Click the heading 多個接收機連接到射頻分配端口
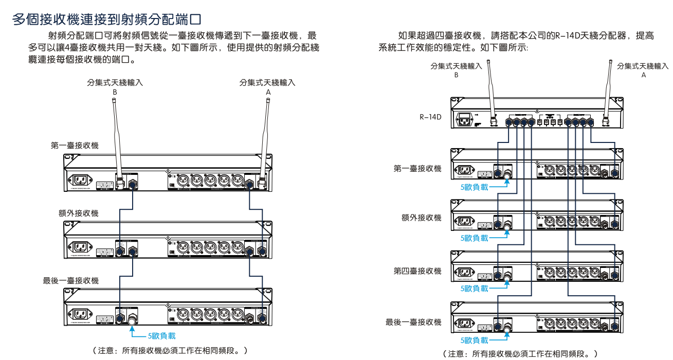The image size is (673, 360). pos(105,20)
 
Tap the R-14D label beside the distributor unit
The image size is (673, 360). pos(431,117)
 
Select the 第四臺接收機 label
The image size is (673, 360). pos(417,271)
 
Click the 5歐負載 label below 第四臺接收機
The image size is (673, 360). pos(474,289)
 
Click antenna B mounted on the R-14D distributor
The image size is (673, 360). pos(490,93)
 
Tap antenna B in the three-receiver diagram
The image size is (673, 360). pos(117,139)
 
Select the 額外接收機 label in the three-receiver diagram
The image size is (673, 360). pos(78,213)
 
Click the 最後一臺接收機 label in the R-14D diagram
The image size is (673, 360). pos(413,322)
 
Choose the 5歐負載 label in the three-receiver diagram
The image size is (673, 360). pos(161,336)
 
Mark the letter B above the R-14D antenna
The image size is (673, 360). pos(456,75)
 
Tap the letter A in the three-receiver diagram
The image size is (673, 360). pos(267,92)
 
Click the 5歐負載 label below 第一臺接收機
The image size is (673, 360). pos(474,187)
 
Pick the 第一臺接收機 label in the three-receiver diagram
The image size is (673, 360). pos(75,146)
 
